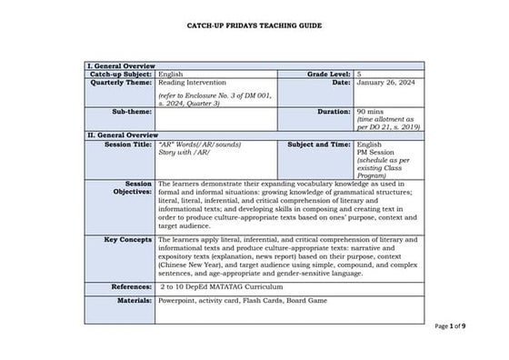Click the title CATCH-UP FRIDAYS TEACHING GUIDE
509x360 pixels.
254,27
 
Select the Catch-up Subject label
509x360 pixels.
121,75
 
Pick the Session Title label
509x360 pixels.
128,145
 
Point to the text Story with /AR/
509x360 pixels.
185,153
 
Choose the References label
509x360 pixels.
131,285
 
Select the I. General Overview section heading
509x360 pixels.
121,66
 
